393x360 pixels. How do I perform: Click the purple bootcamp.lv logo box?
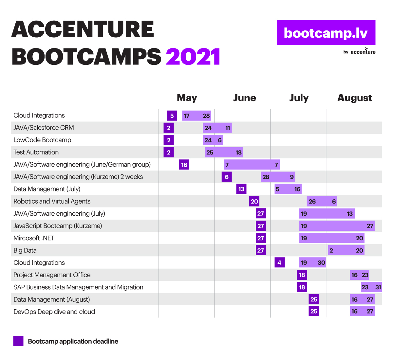(326, 32)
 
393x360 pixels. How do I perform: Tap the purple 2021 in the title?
(193, 57)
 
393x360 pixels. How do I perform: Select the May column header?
(187, 98)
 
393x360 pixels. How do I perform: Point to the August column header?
(354, 98)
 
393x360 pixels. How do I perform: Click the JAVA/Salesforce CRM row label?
(44, 128)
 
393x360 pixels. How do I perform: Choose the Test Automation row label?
(36, 152)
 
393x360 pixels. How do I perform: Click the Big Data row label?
(25, 250)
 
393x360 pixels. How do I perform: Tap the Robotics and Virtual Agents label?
(52, 201)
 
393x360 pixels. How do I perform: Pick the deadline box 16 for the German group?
(184, 165)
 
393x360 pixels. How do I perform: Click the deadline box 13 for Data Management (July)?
(241, 189)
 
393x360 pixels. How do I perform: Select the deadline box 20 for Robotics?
(254, 201)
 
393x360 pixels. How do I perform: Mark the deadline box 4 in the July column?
(280, 262)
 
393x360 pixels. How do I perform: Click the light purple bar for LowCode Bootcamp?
(213, 140)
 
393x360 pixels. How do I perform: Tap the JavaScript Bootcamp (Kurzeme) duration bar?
(337, 225)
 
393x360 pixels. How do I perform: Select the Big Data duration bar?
(346, 250)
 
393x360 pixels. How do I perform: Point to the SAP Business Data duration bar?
(371, 287)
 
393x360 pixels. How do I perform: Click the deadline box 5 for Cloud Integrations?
(172, 116)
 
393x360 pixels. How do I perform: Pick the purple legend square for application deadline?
(18, 341)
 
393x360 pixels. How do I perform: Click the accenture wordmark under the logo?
(363, 51)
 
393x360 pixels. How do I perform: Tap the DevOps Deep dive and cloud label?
(54, 312)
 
